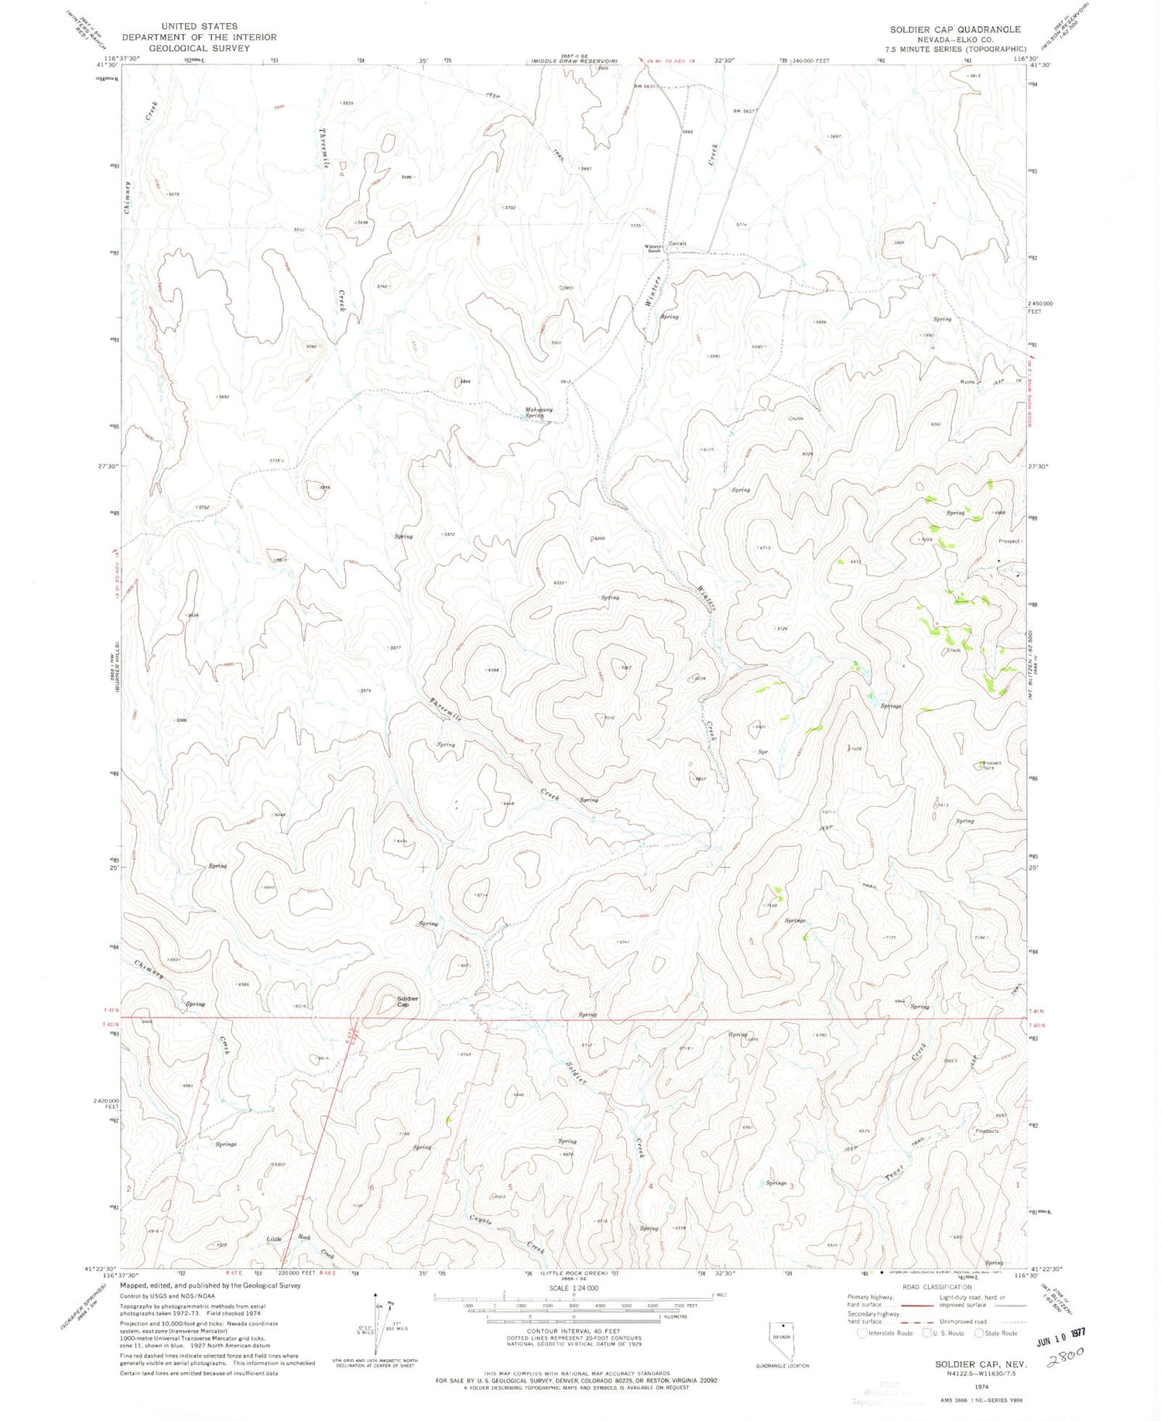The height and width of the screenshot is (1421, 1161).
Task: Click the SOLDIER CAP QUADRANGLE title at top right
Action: (x=954, y=29)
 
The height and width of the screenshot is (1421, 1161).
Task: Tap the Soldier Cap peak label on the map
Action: (x=407, y=1001)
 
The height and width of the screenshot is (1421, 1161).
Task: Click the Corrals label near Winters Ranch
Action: (x=678, y=243)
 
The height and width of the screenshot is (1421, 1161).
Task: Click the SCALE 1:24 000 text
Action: (x=574, y=1287)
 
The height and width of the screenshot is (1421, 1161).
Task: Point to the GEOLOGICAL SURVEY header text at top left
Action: (x=200, y=48)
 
